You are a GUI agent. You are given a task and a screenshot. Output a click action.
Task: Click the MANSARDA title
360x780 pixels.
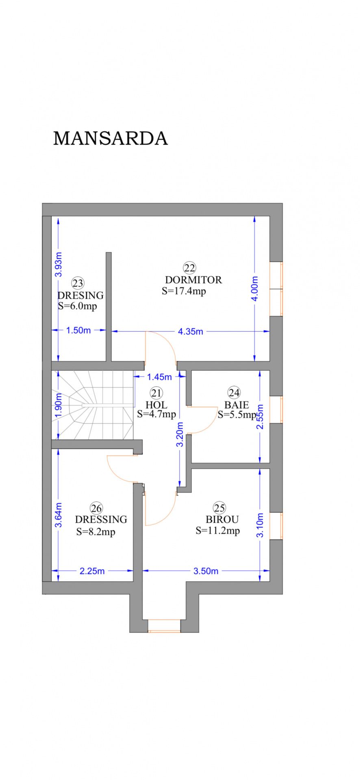pyautogui.click(x=110, y=139)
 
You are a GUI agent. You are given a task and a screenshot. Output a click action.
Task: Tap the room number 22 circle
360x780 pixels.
pyautogui.click(x=189, y=268)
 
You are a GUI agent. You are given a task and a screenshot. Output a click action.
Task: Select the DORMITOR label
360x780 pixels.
pyautogui.click(x=193, y=280)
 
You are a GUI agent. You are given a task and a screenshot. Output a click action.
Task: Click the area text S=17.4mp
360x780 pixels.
pyautogui.click(x=184, y=291)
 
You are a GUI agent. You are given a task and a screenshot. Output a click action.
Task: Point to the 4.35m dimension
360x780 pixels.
pyautogui.click(x=190, y=331)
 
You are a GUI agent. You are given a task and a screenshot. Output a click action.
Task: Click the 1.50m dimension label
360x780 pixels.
pyautogui.click(x=78, y=330)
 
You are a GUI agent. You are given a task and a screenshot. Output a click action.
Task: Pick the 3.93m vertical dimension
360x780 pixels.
pyautogui.click(x=59, y=264)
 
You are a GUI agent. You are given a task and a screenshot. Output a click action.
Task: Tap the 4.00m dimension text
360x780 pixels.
pyautogui.click(x=255, y=288)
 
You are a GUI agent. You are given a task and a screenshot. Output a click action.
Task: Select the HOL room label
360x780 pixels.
pyautogui.click(x=156, y=405)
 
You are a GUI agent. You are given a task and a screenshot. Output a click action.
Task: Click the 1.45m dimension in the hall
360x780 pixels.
pyautogui.click(x=159, y=377)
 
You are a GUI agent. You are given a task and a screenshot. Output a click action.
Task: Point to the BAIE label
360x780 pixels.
pyautogui.click(x=236, y=405)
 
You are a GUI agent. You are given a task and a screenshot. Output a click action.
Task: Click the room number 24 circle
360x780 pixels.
pyautogui.click(x=234, y=393)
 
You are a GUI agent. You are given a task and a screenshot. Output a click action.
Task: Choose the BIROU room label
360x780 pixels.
pyautogui.click(x=222, y=520)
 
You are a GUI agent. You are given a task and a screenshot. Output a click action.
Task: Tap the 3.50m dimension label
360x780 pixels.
pyautogui.click(x=206, y=571)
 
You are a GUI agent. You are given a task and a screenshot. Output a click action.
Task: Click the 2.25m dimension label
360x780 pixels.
pyautogui.click(x=92, y=571)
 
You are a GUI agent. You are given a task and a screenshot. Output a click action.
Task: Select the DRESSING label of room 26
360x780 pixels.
pyautogui.click(x=101, y=520)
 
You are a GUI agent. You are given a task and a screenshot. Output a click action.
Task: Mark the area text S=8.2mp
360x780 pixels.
pyautogui.click(x=95, y=532)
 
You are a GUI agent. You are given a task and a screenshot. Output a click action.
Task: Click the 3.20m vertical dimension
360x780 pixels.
pyautogui.click(x=180, y=434)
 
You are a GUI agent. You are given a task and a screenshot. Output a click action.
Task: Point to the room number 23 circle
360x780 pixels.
pyautogui.click(x=77, y=283)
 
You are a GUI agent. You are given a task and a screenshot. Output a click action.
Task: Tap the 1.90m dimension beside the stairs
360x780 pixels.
pyautogui.click(x=59, y=405)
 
